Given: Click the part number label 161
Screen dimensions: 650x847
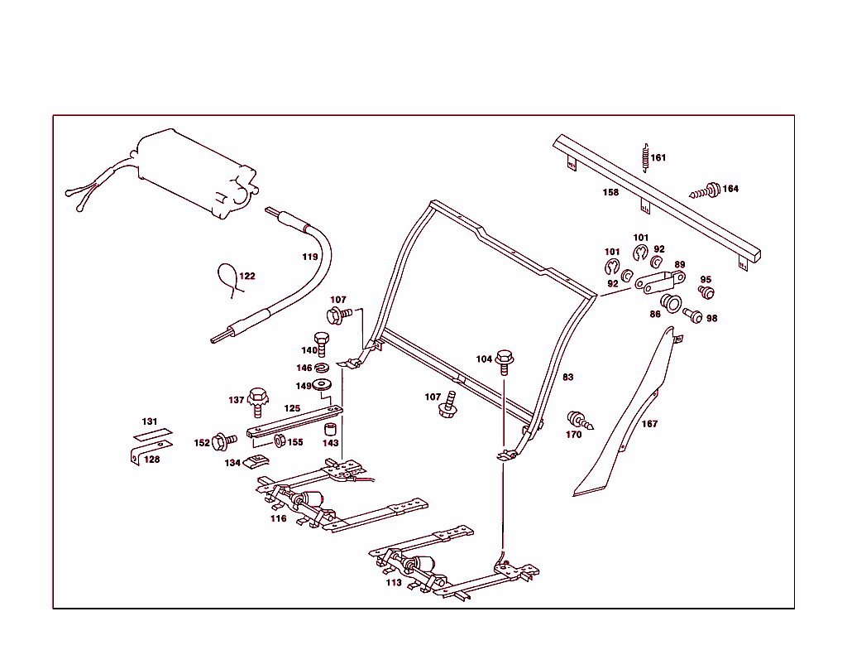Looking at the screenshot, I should pos(658,157).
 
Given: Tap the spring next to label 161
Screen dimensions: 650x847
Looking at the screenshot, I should pos(644,156).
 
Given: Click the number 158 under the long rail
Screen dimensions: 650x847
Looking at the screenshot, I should pos(610,192).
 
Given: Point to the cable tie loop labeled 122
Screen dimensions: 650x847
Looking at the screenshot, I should pos(228,278).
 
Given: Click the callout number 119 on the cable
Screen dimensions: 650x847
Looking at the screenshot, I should pos(309,257).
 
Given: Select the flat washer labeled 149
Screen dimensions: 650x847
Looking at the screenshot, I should pos(323,384).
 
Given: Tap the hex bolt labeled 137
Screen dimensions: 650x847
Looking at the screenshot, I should pos(257,401).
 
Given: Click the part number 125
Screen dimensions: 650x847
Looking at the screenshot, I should pos(292,408).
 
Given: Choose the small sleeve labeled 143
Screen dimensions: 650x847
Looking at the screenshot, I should pos(330,430).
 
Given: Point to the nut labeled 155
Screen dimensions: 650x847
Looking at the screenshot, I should pos(280,440).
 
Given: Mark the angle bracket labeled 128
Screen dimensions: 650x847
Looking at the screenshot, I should pos(136,456).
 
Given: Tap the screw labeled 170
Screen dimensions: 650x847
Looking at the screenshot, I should pos(577,421).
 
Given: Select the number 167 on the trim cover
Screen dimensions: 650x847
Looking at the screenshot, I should pos(650,424).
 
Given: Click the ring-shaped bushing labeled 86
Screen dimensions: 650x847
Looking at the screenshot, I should pos(671,302).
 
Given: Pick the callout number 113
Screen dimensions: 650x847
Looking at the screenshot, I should pos(394,583).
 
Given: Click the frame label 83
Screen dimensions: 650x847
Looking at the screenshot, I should pos(567,378).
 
